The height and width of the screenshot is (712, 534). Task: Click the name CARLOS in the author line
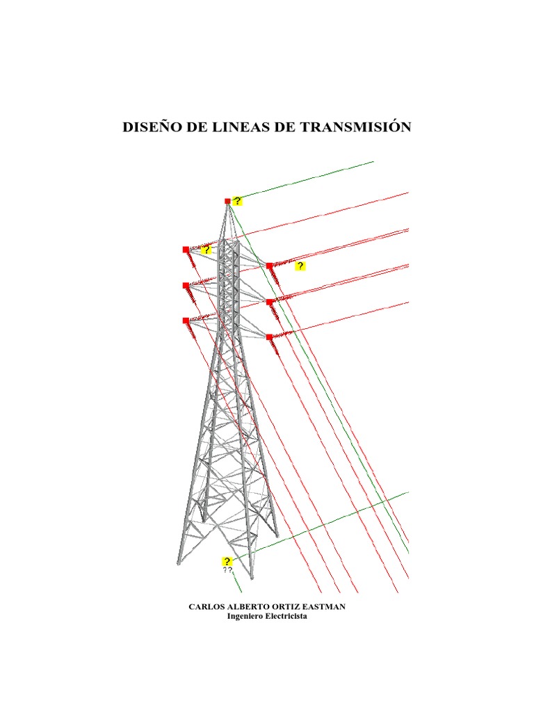pos(207,607)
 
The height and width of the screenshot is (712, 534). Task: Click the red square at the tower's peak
pos(227,201)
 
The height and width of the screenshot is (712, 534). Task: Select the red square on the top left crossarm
pos(186,249)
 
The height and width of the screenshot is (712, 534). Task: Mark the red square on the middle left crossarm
pos(186,285)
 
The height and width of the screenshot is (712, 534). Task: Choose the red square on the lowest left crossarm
pos(186,321)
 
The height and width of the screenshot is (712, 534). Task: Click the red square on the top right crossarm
pos(269,266)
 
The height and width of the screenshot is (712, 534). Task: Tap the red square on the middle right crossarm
pos(269,302)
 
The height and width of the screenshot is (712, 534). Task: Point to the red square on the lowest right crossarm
pos(269,337)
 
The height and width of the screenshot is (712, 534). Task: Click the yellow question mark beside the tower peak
pos(238,201)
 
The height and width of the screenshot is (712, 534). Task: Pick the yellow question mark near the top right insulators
pos(300,266)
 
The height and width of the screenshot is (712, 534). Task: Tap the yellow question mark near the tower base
pos(227,561)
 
